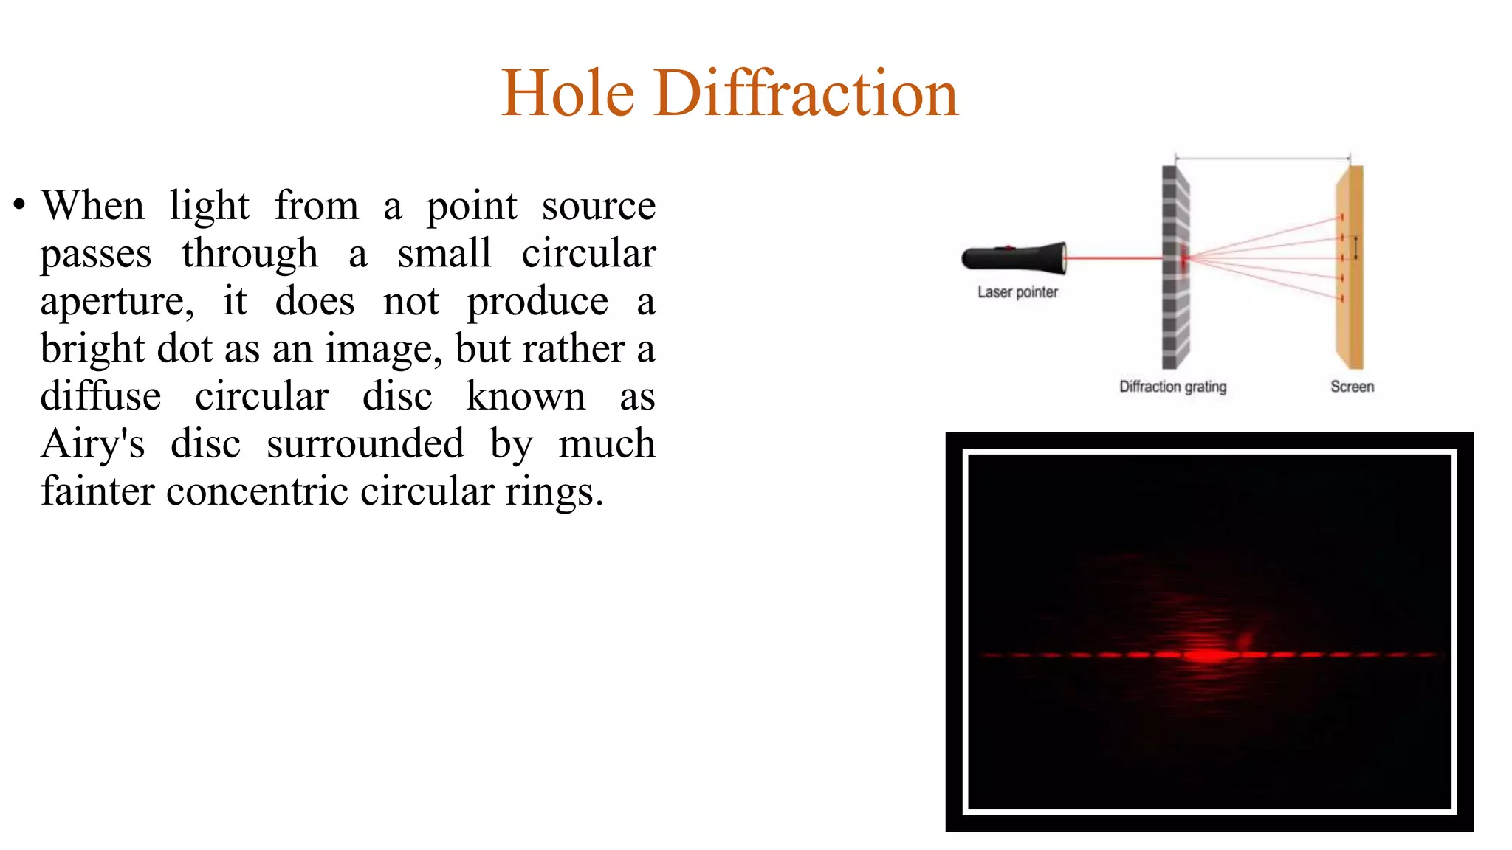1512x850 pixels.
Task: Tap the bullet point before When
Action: click(20, 204)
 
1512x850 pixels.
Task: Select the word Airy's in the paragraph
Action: click(93, 444)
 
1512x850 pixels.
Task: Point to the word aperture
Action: click(117, 302)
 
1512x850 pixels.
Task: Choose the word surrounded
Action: click(365, 444)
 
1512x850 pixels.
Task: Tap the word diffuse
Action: click(100, 396)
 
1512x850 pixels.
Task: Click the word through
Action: click(250, 254)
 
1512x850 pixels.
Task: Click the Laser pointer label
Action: click(1017, 292)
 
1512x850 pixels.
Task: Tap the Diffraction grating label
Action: click(1172, 387)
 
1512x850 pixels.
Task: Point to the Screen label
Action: click(1352, 387)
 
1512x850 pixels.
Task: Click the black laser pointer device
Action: click(1014, 258)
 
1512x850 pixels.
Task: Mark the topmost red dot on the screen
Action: click(1341, 217)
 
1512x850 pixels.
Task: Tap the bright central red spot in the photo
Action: click(1207, 654)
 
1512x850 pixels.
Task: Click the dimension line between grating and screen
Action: click(1262, 158)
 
